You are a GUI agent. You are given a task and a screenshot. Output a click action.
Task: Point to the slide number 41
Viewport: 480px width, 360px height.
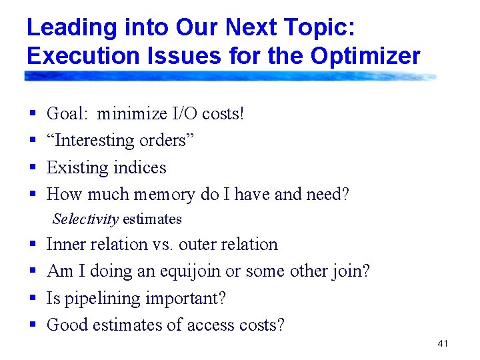(443, 343)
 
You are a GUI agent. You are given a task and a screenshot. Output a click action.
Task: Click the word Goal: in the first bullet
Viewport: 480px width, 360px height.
(67, 114)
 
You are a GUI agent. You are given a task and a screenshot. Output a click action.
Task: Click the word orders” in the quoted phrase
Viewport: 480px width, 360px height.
(165, 141)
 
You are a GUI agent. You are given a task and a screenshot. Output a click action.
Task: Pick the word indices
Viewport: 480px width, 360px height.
(141, 167)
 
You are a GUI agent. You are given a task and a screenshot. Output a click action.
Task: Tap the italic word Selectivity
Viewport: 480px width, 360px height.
(85, 219)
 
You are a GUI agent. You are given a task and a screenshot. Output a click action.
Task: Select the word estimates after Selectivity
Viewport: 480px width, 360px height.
(152, 219)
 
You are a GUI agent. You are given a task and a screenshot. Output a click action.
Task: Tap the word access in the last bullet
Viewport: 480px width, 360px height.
(194, 325)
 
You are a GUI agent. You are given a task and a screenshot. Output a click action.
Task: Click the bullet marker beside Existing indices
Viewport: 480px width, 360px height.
(33, 167)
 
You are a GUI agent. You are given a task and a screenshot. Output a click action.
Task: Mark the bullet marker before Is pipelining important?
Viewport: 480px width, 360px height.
(33, 298)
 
